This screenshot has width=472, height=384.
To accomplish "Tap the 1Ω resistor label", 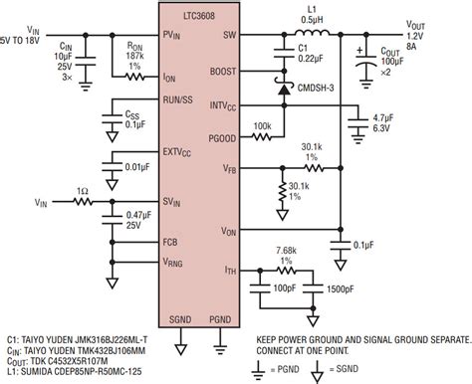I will click(79, 190).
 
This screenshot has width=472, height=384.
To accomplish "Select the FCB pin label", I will click(172, 242).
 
